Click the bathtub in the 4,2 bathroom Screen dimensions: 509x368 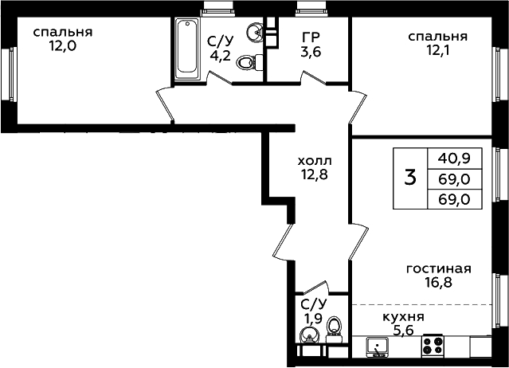[187, 49]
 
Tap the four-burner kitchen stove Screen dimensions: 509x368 [433, 345]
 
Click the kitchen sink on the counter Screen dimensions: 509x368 [377, 347]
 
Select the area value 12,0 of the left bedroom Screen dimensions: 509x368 [63, 46]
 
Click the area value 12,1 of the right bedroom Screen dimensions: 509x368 [438, 50]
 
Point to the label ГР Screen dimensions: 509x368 [311, 37]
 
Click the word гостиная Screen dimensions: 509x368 [439, 268]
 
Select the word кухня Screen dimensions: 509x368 [404, 317]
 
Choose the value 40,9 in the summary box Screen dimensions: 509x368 [454, 159]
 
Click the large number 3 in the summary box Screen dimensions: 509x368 [410, 178]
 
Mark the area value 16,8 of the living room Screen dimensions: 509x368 [438, 282]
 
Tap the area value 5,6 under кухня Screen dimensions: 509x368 [404, 331]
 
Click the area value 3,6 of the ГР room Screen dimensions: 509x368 [311, 52]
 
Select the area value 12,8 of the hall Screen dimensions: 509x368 [315, 174]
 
